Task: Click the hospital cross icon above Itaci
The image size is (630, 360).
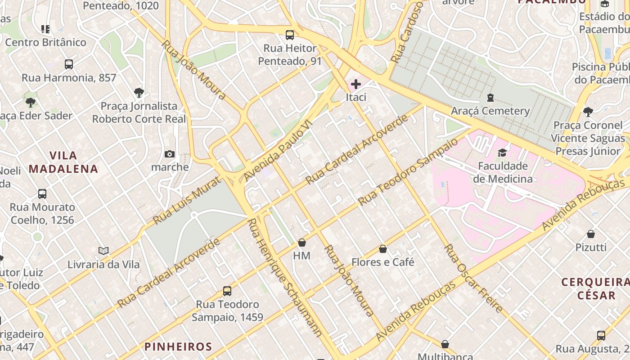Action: (356, 84)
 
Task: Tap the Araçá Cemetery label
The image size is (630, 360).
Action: (490, 111)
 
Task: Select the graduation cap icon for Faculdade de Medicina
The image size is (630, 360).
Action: (502, 153)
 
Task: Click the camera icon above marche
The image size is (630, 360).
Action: (170, 154)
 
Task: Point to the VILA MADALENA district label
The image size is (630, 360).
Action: (63, 162)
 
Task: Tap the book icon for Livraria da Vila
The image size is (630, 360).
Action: (103, 251)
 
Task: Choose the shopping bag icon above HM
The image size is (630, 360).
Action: (302, 243)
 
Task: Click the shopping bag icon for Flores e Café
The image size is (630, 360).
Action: (383, 249)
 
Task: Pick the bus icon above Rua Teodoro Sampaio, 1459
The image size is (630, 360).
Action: (227, 291)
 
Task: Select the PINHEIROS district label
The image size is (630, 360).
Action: (178, 346)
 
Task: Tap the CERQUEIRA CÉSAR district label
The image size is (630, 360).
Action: (595, 289)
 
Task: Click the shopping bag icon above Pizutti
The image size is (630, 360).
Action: (591, 234)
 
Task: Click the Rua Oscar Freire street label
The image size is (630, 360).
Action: (473, 279)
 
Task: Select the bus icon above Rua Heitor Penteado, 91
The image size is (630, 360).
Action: (290, 35)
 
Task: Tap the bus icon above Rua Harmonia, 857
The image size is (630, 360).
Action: (69, 64)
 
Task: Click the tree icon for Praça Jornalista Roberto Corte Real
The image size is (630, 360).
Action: (139, 93)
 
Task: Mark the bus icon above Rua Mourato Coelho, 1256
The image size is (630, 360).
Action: (42, 194)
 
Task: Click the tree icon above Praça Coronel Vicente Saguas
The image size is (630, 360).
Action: (588, 112)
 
